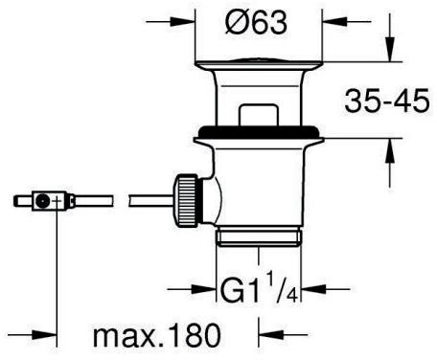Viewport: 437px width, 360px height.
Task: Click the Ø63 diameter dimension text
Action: (x=256, y=22)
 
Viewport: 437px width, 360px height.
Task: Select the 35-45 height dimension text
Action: (x=387, y=101)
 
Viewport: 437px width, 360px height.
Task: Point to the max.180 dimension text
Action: (x=157, y=335)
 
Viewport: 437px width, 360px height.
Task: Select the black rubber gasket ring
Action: (x=259, y=131)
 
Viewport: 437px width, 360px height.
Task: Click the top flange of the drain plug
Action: (x=259, y=64)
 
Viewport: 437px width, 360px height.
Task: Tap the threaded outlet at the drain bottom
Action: (x=259, y=236)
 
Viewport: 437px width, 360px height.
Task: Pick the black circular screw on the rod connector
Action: (x=41, y=201)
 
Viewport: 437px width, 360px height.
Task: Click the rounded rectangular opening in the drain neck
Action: (x=259, y=114)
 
